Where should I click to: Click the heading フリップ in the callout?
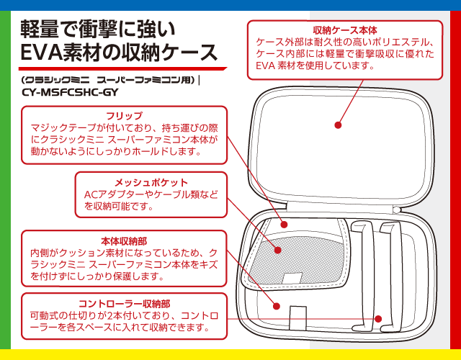point(124,116)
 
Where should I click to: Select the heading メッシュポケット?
point(151,182)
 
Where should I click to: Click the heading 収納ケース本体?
point(345,30)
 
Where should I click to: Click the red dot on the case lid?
point(336,127)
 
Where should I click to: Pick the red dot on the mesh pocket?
point(278,249)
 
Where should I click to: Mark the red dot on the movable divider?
point(377,318)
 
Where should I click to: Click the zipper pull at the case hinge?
point(397,210)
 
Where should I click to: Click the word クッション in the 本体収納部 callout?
point(85,253)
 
